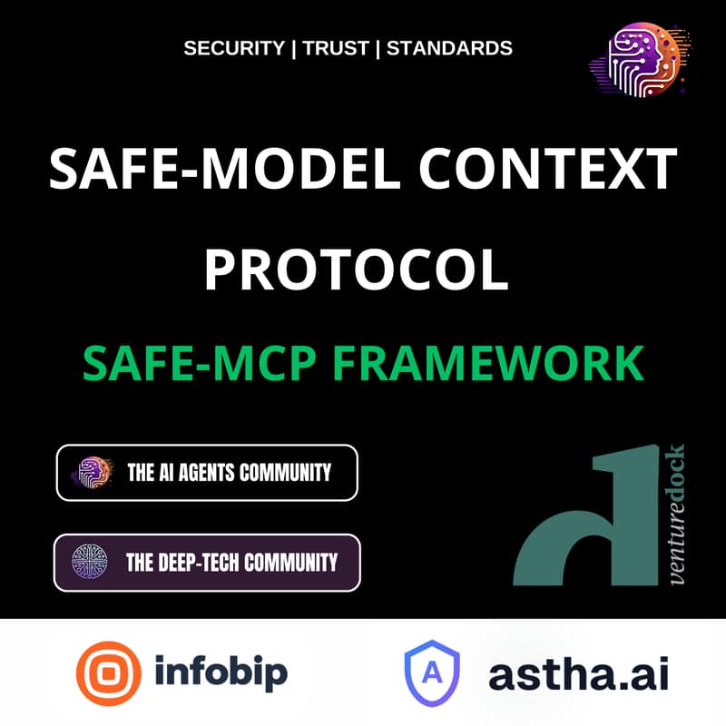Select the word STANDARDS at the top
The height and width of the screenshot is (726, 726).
click(449, 48)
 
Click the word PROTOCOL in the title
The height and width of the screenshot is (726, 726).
click(356, 270)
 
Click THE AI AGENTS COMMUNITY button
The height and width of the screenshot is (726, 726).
click(207, 472)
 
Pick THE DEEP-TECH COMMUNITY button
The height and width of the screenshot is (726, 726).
click(207, 563)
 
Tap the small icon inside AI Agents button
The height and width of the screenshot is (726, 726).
click(93, 472)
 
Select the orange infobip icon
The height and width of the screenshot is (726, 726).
click(110, 673)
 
